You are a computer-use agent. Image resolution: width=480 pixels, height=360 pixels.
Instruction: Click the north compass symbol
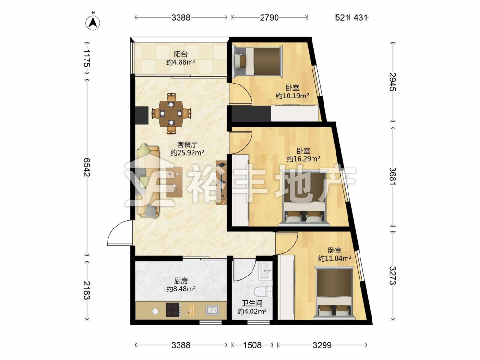point(93,22)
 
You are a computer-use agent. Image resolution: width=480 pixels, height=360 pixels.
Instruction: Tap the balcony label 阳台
point(180,55)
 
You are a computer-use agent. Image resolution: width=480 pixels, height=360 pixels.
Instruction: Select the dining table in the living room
point(171,113)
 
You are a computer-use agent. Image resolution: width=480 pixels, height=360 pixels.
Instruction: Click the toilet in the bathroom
point(263,291)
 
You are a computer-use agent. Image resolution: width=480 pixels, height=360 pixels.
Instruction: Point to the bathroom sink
point(265,271)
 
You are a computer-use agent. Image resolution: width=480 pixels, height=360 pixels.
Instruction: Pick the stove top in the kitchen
point(173,310)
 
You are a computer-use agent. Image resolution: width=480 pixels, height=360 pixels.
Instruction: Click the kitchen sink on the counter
point(212,310)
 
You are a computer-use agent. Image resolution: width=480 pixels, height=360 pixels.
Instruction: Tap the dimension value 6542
point(87,168)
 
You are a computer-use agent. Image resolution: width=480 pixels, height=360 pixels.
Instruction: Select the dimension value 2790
point(269,17)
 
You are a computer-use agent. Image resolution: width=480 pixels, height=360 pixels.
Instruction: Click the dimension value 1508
point(252,345)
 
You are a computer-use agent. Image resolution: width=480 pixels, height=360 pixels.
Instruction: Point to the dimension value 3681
point(393,176)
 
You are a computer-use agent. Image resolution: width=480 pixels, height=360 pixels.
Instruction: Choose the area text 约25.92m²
point(187,153)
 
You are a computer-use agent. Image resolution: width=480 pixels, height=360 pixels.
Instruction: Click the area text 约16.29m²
point(303,159)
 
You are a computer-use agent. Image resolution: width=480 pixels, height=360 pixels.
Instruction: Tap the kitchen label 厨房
point(180,281)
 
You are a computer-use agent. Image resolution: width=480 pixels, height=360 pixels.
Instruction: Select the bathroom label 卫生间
point(252,304)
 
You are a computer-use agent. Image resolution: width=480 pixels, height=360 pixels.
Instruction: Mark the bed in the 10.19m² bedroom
point(257,60)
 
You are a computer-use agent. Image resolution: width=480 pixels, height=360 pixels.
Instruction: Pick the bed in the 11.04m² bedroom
point(335,293)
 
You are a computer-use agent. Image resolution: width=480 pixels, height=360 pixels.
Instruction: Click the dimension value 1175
point(87,58)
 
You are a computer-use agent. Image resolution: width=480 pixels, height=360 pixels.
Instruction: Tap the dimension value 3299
point(322,345)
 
